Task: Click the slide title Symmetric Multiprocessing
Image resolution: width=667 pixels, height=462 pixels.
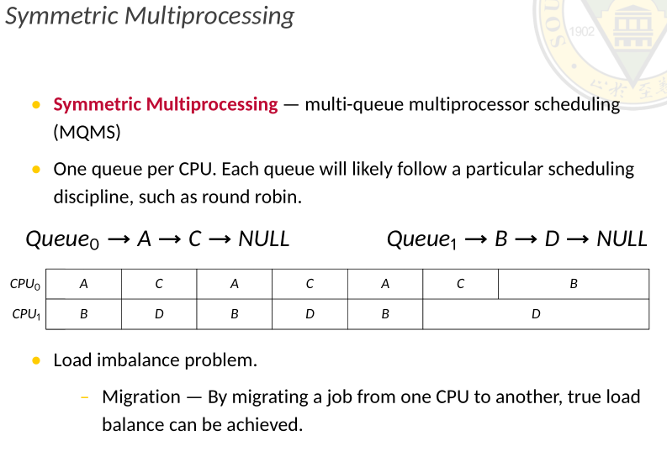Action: click(x=150, y=16)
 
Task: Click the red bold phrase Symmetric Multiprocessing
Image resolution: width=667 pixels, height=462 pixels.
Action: click(x=165, y=104)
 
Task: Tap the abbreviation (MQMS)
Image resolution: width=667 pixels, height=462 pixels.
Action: click(x=87, y=133)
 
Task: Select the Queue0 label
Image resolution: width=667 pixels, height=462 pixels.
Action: click(x=62, y=239)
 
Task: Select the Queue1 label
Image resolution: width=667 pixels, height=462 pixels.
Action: click(x=421, y=239)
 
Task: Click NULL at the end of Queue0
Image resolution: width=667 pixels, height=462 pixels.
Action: click(x=263, y=239)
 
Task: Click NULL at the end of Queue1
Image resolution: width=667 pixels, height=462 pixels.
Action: click(x=622, y=239)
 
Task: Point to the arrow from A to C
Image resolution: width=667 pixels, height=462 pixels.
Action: click(x=170, y=239)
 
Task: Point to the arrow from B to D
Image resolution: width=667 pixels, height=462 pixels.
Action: click(x=527, y=239)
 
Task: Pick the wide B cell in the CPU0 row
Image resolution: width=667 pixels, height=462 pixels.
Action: click(x=574, y=284)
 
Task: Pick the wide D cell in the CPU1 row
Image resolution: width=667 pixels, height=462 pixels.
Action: click(x=536, y=314)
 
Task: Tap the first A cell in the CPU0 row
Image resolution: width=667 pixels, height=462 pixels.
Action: click(x=83, y=284)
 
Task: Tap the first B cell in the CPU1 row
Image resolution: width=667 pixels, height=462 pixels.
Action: click(x=83, y=314)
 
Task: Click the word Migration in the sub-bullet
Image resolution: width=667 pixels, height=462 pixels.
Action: click(x=140, y=396)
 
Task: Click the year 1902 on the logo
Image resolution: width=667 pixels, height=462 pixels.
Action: click(x=582, y=32)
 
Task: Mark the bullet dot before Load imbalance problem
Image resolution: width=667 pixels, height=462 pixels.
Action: click(x=35, y=360)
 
